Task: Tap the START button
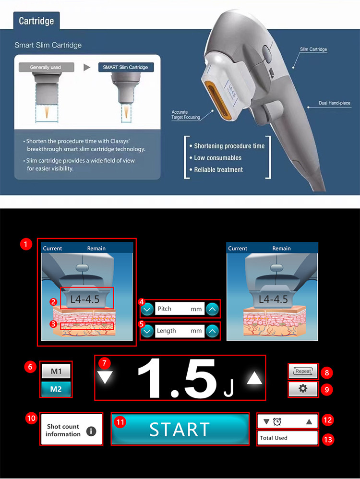pyautogui.click(x=180, y=429)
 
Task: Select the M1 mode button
pyautogui.click(x=56, y=371)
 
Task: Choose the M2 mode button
pyautogui.click(x=56, y=389)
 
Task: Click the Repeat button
pyautogui.click(x=303, y=371)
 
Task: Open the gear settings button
pyautogui.click(x=303, y=389)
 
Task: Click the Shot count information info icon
pyautogui.click(x=91, y=431)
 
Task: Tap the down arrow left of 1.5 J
pyautogui.click(x=105, y=377)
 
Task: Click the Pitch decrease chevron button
pyautogui.click(x=147, y=309)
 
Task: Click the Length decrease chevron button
pyautogui.click(x=147, y=331)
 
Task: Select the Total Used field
pyautogui.click(x=288, y=438)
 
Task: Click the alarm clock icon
pyautogui.click(x=277, y=421)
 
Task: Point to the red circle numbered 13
pyautogui.click(x=328, y=440)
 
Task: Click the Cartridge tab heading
pyautogui.click(x=36, y=21)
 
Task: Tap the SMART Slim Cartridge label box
pyautogui.click(x=126, y=67)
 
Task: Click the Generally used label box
pyautogui.click(x=46, y=67)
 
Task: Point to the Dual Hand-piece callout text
pyautogui.click(x=335, y=103)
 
